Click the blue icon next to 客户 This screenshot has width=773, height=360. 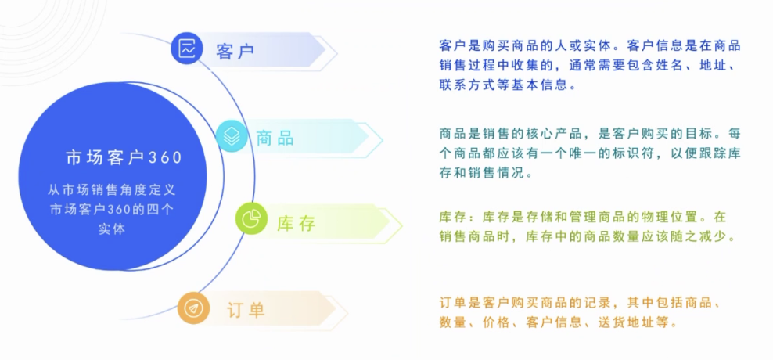pos(188,49)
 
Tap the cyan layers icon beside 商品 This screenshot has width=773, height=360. pos(232,136)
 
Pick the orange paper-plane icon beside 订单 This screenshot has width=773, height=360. pos(192,308)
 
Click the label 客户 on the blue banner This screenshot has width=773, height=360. pos(235,51)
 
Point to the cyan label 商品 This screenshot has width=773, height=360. pos(275,139)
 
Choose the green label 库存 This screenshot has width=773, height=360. pos(296,223)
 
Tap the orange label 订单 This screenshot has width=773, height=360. pos(246,309)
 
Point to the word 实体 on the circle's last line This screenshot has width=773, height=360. pos(112,229)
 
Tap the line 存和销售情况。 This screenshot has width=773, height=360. pos(486,173)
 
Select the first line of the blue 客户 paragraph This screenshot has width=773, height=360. pos(590,45)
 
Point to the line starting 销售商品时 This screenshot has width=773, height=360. pos(588,236)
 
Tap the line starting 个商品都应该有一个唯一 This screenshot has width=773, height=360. pos(590,153)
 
